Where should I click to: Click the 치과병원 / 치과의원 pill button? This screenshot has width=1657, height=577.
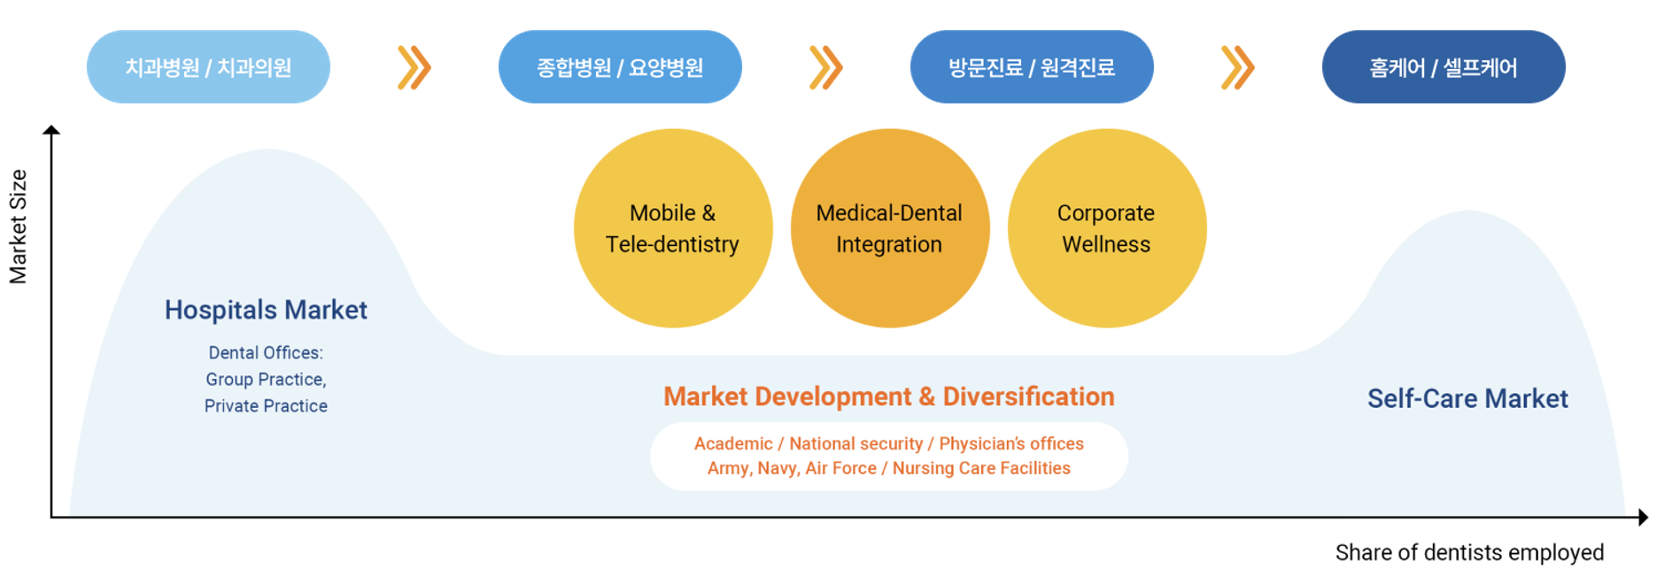[208, 67]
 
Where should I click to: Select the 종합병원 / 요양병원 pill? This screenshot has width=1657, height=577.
[620, 67]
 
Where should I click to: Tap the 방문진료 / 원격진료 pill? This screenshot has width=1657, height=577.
[1032, 67]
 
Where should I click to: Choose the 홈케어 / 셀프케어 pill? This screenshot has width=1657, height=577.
[1444, 67]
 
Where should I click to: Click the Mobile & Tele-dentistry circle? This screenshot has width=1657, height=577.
[673, 228]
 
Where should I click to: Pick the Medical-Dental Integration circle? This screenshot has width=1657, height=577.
[890, 228]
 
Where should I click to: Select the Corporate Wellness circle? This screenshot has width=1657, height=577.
[1107, 228]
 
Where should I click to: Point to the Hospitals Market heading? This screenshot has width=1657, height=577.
[266, 310]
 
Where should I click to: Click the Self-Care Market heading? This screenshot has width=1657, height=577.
[1467, 398]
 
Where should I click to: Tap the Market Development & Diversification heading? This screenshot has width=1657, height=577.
[889, 396]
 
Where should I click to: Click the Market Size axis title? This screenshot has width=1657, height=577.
[18, 227]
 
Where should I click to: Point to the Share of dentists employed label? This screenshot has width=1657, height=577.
[1469, 552]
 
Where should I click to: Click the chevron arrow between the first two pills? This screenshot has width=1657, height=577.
[414, 67]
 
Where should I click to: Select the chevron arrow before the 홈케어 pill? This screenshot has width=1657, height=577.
[1237, 67]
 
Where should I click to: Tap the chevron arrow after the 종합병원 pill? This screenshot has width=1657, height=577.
[825, 67]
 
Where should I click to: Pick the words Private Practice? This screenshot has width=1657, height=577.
[266, 405]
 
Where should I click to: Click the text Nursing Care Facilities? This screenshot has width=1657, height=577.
[981, 468]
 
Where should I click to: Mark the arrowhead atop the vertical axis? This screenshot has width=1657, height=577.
[51, 130]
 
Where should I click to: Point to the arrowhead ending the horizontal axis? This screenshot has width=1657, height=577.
[1644, 517]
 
